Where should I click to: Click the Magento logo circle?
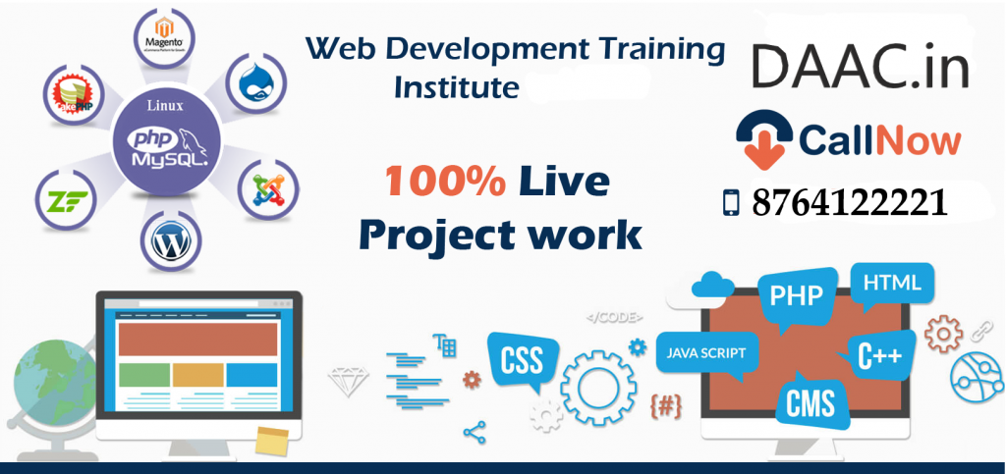click(165, 36)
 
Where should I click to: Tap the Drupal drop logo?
click(256, 84)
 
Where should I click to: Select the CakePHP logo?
click(74, 93)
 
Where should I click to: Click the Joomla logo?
click(268, 189)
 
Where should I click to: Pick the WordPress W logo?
click(171, 242)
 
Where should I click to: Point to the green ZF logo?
click(68, 200)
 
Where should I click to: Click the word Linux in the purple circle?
click(164, 105)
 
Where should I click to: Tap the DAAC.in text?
click(860, 66)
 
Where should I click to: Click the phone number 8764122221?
click(850, 203)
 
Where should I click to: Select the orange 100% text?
click(445, 183)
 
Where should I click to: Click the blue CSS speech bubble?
click(524, 360)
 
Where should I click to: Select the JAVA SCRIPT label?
click(705, 353)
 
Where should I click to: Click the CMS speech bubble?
click(811, 403)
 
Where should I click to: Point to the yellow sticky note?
click(271, 442)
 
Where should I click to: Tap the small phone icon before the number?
click(731, 203)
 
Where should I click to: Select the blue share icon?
click(475, 433)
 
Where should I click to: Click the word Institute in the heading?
click(456, 87)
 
